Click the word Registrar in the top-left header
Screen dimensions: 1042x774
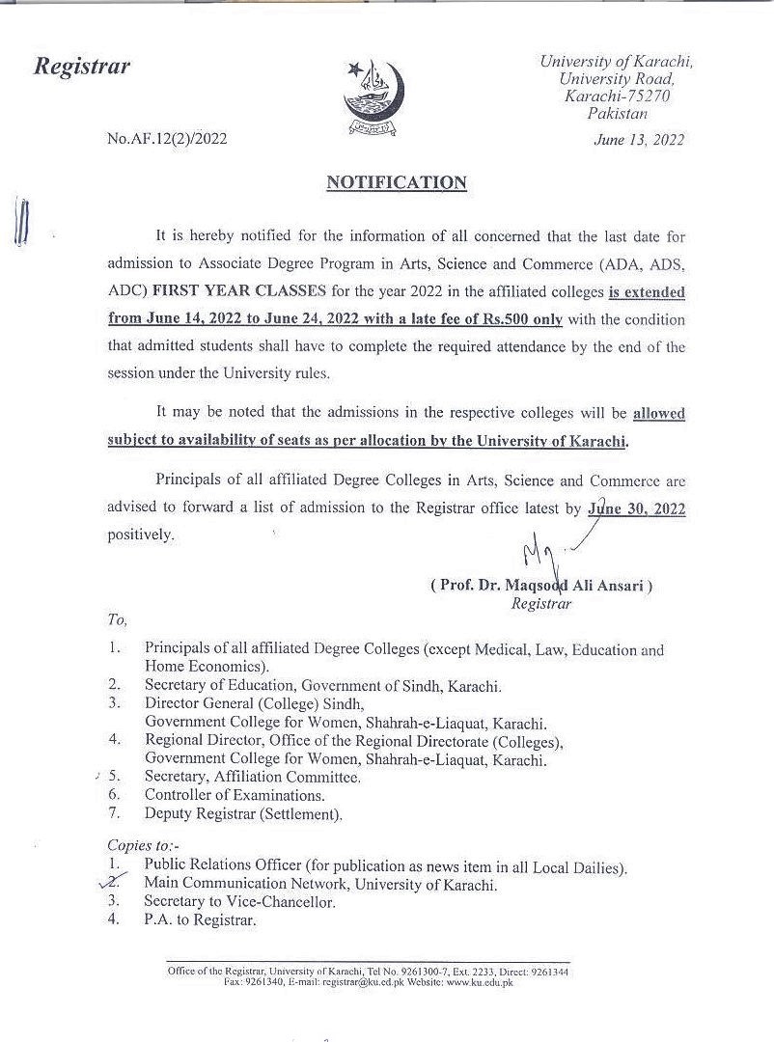pos(82,67)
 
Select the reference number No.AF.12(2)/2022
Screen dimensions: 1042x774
pos(168,139)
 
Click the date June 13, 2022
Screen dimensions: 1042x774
pos(640,140)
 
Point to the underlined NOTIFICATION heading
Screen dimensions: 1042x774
pos(396,182)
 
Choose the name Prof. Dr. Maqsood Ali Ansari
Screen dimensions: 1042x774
pos(541,586)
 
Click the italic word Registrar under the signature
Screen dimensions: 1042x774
pos(541,603)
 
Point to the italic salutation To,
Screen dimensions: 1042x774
pos(117,620)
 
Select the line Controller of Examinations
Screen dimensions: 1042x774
pos(234,795)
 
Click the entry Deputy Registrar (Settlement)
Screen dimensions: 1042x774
pos(243,813)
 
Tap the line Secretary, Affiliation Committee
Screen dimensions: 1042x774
pos(253,777)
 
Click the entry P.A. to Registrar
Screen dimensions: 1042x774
pos(201,919)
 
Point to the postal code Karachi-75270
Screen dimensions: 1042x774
pos(618,96)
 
